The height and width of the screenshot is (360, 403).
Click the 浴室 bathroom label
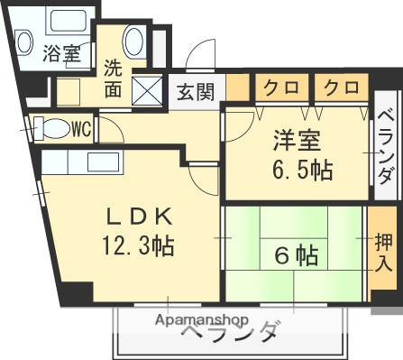(x=60, y=53)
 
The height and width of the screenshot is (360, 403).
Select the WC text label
(x=81, y=128)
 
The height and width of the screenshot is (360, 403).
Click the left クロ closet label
(x=283, y=88)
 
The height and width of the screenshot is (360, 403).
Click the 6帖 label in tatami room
(x=295, y=255)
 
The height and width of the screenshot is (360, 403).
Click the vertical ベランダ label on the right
(x=385, y=146)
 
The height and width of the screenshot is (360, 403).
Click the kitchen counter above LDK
(x=90, y=162)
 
